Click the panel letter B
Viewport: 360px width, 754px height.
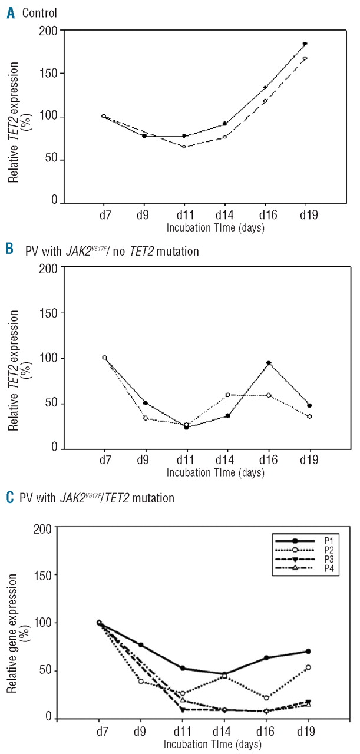point(11,252)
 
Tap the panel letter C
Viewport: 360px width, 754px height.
point(11,498)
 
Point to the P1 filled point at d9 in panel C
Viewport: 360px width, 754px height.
point(141,645)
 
